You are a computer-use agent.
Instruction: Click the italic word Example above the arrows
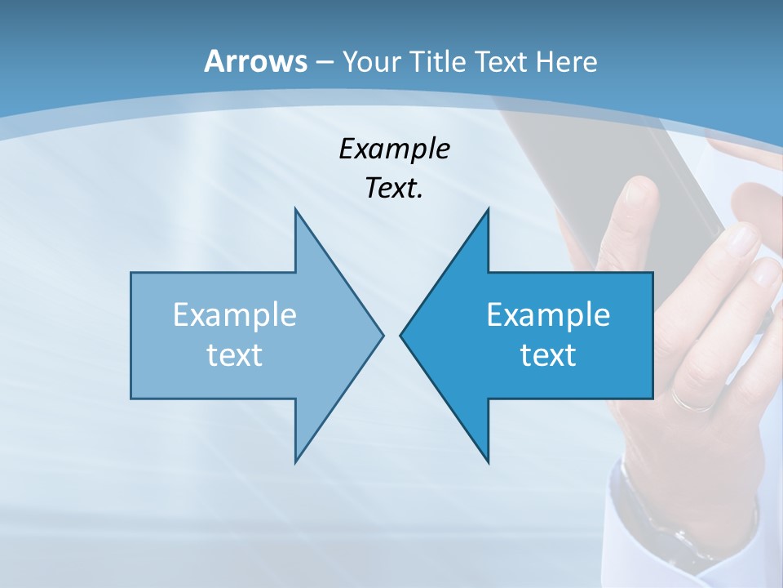tap(394, 149)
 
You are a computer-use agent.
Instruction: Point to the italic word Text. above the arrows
tap(394, 189)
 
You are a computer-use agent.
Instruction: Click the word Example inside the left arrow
tap(235, 315)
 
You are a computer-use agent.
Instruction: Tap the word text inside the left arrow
tap(235, 355)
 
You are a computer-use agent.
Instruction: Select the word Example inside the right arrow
tap(548, 315)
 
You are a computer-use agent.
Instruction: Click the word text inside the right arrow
tap(548, 355)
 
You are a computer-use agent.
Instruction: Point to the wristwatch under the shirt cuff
tap(652, 523)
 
